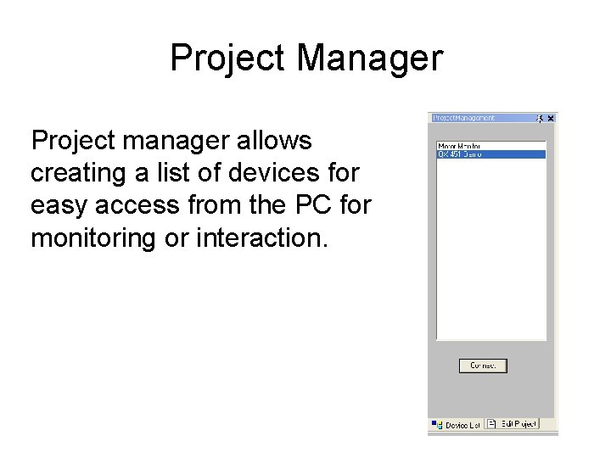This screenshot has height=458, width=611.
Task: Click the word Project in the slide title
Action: [228, 59]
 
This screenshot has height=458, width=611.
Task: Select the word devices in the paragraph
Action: [278, 172]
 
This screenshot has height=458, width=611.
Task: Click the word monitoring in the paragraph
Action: [92, 238]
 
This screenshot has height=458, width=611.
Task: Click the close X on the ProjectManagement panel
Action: [550, 118]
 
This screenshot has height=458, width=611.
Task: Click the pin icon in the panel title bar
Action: [539, 118]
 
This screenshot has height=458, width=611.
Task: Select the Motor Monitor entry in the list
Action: [458, 146]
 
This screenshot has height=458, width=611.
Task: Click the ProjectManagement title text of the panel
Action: [463, 118]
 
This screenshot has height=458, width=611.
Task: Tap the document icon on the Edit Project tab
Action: [492, 424]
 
